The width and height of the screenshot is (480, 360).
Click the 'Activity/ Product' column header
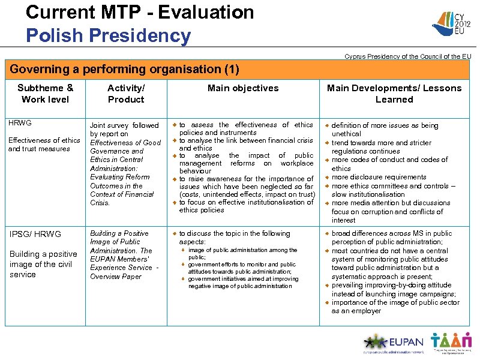[125, 94]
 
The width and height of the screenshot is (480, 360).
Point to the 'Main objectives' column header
[242, 88]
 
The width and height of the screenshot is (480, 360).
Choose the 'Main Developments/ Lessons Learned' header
[394, 94]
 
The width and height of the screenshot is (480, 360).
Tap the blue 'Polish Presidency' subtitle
[108, 35]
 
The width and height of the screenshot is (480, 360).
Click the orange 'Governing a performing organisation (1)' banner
[124, 70]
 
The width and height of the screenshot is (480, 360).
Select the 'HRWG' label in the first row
[20, 123]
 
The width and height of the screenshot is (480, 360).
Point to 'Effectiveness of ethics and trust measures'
[44, 145]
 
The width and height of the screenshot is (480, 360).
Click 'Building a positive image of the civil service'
[43, 264]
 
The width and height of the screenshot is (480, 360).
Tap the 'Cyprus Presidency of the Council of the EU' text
[407, 56]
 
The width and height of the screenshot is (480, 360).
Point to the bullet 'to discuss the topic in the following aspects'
[235, 237]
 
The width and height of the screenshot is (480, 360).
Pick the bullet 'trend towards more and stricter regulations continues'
[382, 147]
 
